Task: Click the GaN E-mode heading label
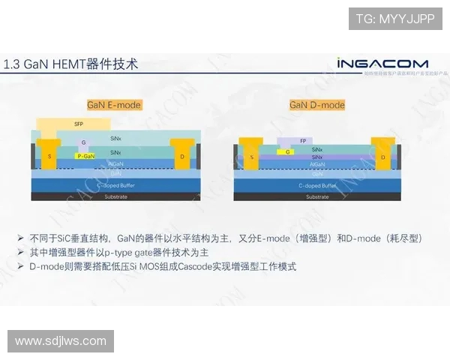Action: click(x=114, y=105)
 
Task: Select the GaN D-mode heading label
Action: click(x=317, y=105)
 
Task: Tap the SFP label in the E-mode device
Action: click(x=78, y=124)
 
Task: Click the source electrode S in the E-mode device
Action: click(x=50, y=156)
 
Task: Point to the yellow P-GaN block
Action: click(x=85, y=156)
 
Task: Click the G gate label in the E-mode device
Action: click(x=84, y=142)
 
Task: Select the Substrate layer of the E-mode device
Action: click(x=115, y=196)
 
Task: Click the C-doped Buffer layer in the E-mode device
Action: click(x=115, y=185)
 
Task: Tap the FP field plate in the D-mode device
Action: click(x=302, y=141)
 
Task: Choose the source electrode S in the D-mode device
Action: click(x=251, y=156)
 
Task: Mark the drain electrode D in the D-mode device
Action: click(x=382, y=157)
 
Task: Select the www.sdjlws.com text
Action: click(x=61, y=341)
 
